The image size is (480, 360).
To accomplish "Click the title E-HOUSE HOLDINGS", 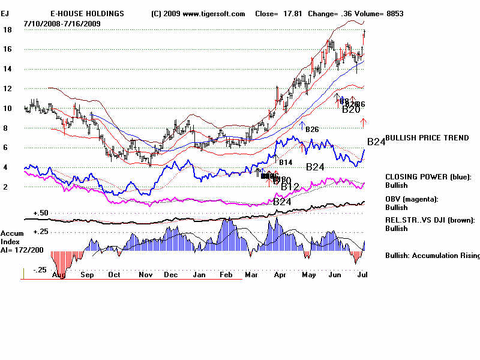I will [87, 13].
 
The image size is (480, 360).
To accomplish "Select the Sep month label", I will [88, 275].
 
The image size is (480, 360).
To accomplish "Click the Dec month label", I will [172, 275].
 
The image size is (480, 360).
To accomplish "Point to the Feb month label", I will [226, 275].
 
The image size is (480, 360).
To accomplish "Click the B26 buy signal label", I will [311, 129].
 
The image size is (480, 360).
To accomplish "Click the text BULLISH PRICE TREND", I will [427, 138].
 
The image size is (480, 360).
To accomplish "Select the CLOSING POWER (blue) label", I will [428, 177].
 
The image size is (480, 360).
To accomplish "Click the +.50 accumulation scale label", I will [40, 213].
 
